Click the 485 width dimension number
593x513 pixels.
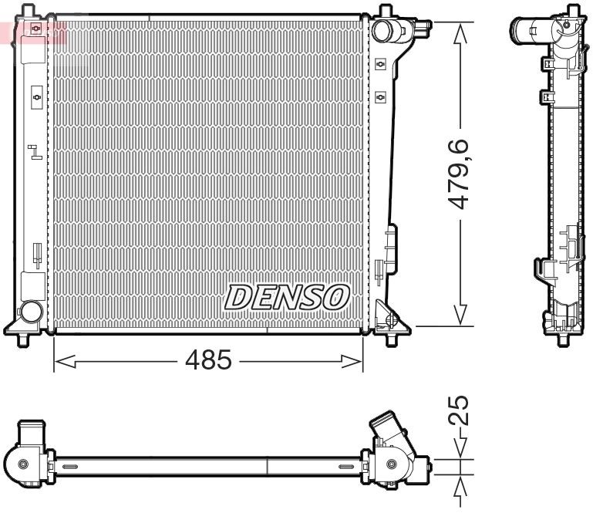[x=207, y=359]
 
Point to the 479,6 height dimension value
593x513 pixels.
[x=461, y=174]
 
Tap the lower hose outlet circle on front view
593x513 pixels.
[x=31, y=312]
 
